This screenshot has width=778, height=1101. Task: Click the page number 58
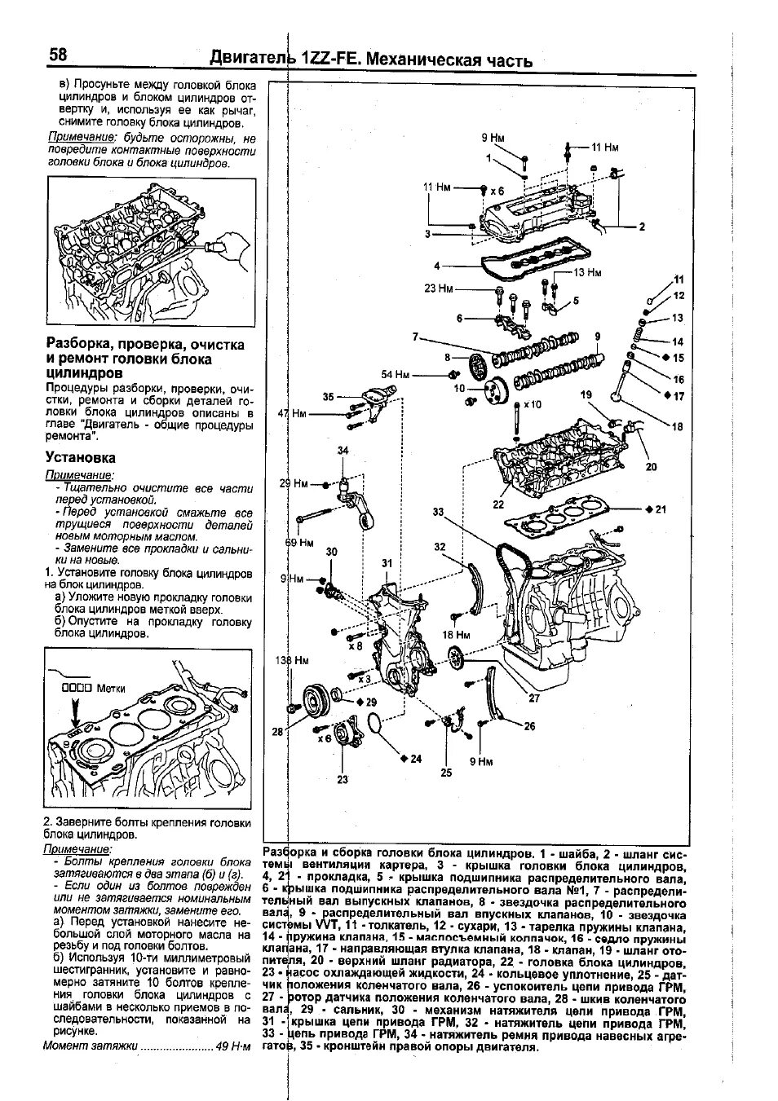click(x=58, y=55)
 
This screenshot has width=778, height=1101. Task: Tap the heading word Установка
click(x=81, y=458)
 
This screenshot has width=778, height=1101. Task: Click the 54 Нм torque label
click(x=396, y=374)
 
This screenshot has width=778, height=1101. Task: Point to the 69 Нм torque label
click(x=299, y=542)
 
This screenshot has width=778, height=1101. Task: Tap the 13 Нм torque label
click(x=587, y=272)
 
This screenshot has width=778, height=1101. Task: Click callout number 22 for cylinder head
click(x=498, y=504)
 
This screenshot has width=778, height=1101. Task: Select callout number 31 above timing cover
click(x=387, y=563)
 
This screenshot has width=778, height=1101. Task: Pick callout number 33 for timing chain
click(x=439, y=512)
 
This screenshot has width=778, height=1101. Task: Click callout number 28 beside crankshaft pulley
click(x=277, y=732)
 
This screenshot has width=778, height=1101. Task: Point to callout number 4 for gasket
click(x=437, y=266)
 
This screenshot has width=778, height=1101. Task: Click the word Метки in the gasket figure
click(x=111, y=688)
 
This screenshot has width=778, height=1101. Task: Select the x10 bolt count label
click(x=533, y=404)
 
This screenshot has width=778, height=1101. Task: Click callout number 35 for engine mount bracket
click(x=328, y=397)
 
